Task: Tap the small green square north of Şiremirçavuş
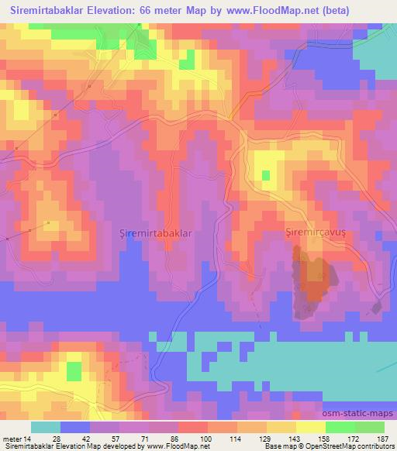pyautogui.click(x=267, y=175)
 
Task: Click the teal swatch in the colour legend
pyautogui.click(x=45, y=427)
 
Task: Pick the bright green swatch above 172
pyautogui.click(x=340, y=427)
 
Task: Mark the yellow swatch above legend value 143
pyautogui.click(x=281, y=427)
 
